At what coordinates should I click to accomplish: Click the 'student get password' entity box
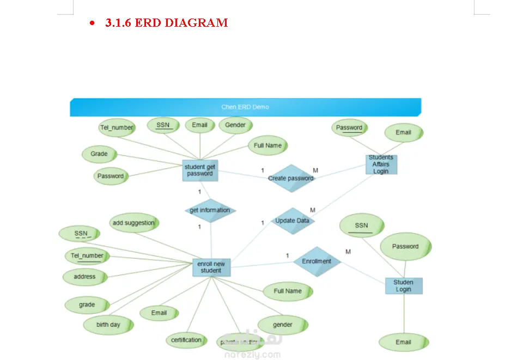pos(200,170)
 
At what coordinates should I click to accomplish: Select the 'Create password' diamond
pos(291,178)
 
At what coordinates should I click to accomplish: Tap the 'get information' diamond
pos(210,210)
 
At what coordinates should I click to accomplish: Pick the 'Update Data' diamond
pos(293,221)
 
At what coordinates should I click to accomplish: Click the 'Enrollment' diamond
pos(317,261)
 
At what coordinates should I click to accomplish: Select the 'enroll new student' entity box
pos(211,267)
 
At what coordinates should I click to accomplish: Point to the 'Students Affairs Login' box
pos(381,164)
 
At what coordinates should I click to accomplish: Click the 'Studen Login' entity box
pos(403,286)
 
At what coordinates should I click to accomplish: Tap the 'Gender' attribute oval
pos(235,125)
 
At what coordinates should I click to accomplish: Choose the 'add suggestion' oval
pos(133,223)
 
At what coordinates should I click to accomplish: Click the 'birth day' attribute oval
pos(108,325)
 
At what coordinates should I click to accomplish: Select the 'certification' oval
pos(186,340)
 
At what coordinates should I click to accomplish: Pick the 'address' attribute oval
pos(84,277)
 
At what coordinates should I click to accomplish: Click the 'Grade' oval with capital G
pos(99,154)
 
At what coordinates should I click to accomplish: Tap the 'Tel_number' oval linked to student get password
pos(117,128)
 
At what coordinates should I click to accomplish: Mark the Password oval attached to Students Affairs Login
pos(349,128)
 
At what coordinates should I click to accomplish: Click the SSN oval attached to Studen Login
pos(361,225)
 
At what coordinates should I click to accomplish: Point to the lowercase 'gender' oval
pos(283,325)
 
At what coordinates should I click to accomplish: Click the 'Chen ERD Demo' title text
pos(245,107)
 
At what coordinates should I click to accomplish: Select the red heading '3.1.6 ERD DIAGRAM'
pos(166,23)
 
